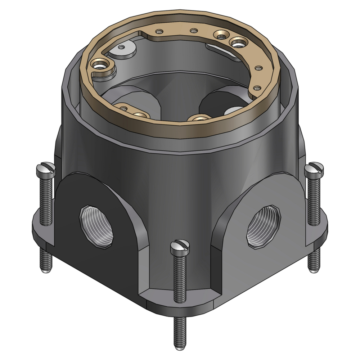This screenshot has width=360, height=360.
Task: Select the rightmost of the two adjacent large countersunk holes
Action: pyautogui.click(x=238, y=44)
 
